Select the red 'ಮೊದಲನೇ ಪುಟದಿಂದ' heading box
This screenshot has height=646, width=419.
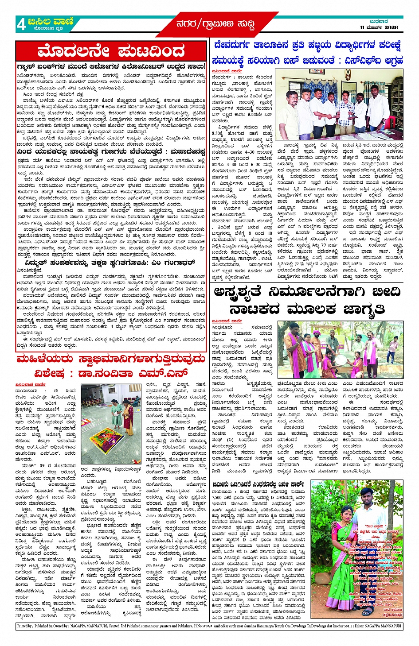tap(111, 51)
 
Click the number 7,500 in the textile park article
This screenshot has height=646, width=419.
tap(218, 497)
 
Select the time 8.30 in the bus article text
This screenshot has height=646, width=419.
tap(218, 133)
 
